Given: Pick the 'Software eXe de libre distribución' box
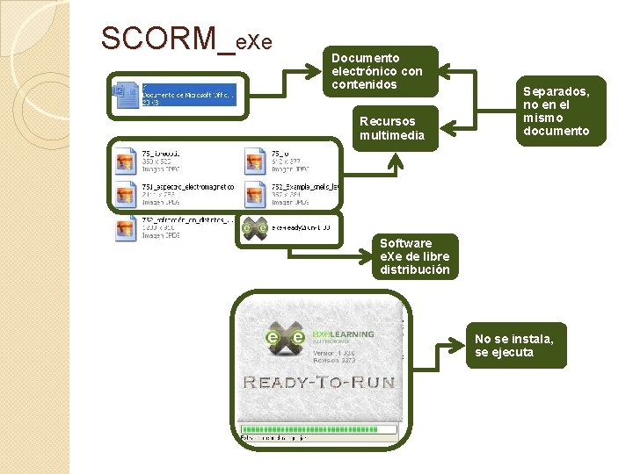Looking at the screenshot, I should pyautogui.click(x=415, y=256).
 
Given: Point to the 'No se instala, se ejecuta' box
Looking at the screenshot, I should pyautogui.click(x=515, y=345).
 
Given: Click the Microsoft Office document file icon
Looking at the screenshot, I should pyautogui.click(x=124, y=93).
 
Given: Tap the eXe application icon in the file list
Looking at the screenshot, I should pyautogui.click(x=255, y=226).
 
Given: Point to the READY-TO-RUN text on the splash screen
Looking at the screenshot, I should pyautogui.click(x=319, y=382).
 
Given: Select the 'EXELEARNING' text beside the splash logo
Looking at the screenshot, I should pyautogui.click(x=344, y=334).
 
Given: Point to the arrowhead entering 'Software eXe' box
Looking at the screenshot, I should pyautogui.click(x=374, y=256).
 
